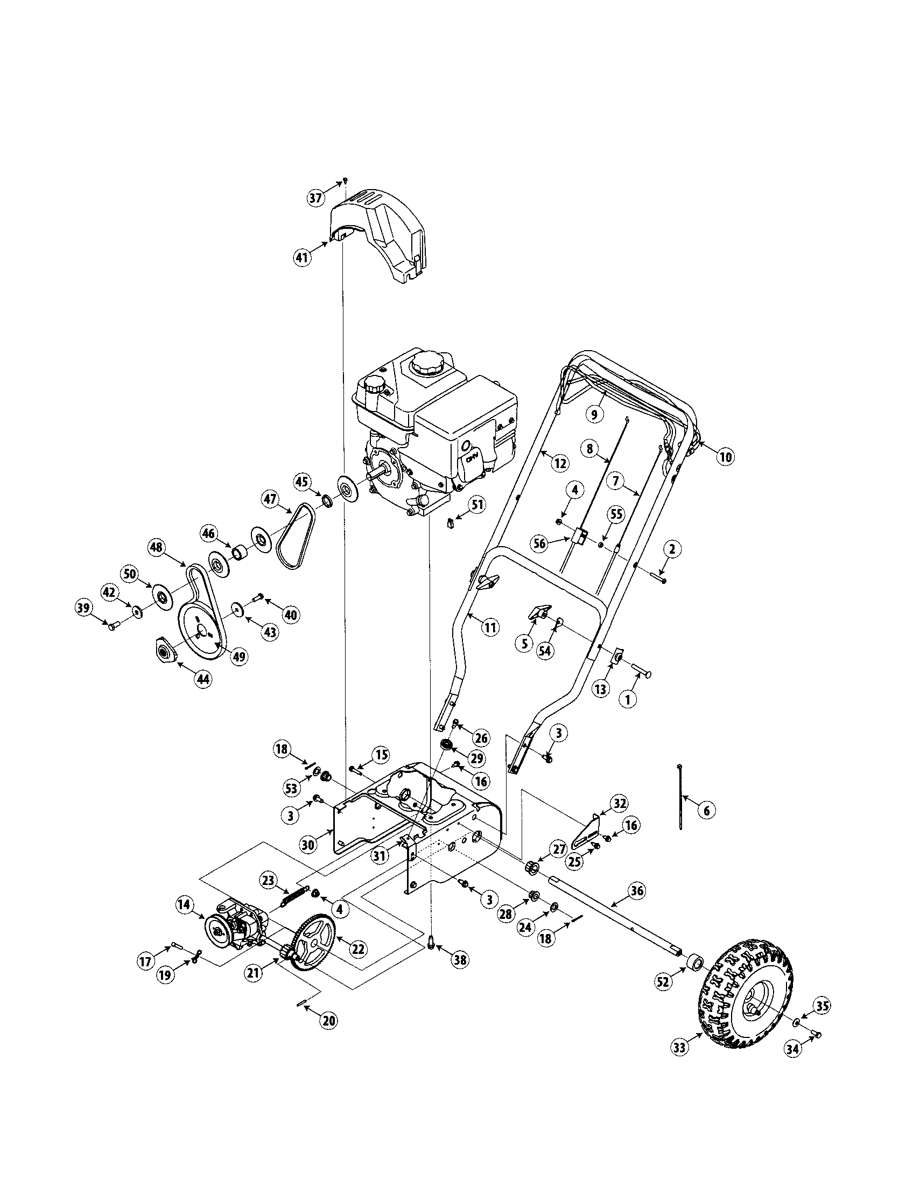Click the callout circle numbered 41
pos(303,256)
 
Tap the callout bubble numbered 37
pos(317,198)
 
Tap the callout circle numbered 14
pos(184,904)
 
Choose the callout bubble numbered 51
pos(476,505)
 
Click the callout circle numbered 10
pos(725,457)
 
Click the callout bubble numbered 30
pos(308,845)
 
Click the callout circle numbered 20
pos(328,1021)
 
